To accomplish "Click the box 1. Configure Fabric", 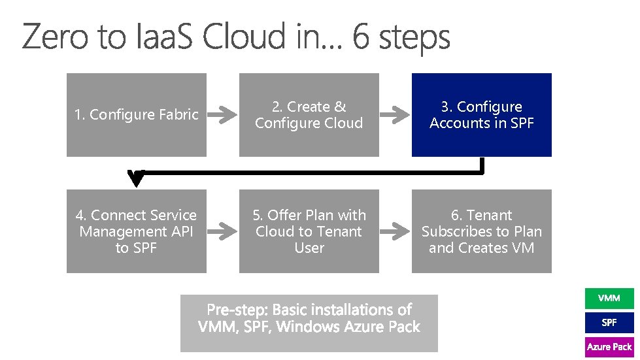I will (x=136, y=115).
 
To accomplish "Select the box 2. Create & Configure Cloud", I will (x=309, y=115).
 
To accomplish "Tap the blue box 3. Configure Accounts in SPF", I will (x=481, y=115).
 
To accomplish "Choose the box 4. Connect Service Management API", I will (x=136, y=231).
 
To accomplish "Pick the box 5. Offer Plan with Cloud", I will (x=309, y=231).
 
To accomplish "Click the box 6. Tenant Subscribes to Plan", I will (x=481, y=231).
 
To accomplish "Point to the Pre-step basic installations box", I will (x=309, y=323).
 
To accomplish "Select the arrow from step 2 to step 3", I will (x=395, y=115).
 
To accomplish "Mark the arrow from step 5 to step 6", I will (x=395, y=231).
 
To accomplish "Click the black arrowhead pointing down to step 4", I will (x=136, y=178).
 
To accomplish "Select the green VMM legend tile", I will (x=609, y=299).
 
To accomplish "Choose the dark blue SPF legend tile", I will (x=609, y=323).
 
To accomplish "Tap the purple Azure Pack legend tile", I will (x=609, y=347).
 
